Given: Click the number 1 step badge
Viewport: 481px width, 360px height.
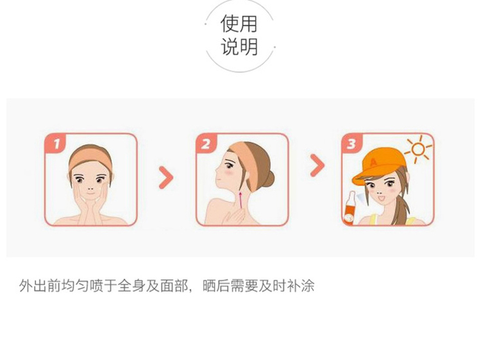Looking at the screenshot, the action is pyautogui.click(x=55, y=142).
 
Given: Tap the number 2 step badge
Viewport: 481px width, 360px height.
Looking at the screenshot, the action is pyautogui.click(x=206, y=142).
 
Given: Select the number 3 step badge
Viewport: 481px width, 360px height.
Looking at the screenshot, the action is pyautogui.click(x=352, y=142).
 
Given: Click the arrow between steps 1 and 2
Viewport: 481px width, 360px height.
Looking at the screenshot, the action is pyautogui.click(x=166, y=178).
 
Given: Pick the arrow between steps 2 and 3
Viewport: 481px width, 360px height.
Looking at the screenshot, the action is pyautogui.click(x=317, y=166).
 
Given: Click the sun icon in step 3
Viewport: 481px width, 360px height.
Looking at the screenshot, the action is pyautogui.click(x=418, y=150).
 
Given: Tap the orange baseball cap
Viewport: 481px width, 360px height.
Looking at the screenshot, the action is pyautogui.click(x=377, y=166).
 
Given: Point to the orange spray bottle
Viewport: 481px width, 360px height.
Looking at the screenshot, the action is pyautogui.click(x=350, y=209).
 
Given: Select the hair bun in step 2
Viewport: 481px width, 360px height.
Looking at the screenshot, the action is pyautogui.click(x=268, y=179).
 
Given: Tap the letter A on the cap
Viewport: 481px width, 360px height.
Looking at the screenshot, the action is pyautogui.click(x=373, y=162).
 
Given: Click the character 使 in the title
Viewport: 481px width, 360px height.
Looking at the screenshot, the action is pyautogui.click(x=230, y=24).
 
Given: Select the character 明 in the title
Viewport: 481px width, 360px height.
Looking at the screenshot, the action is pyautogui.click(x=248, y=47).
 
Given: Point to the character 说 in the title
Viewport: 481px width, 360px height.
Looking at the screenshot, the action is pyautogui.click(x=230, y=47).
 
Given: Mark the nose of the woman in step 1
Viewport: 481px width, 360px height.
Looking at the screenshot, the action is pyautogui.click(x=90, y=188).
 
